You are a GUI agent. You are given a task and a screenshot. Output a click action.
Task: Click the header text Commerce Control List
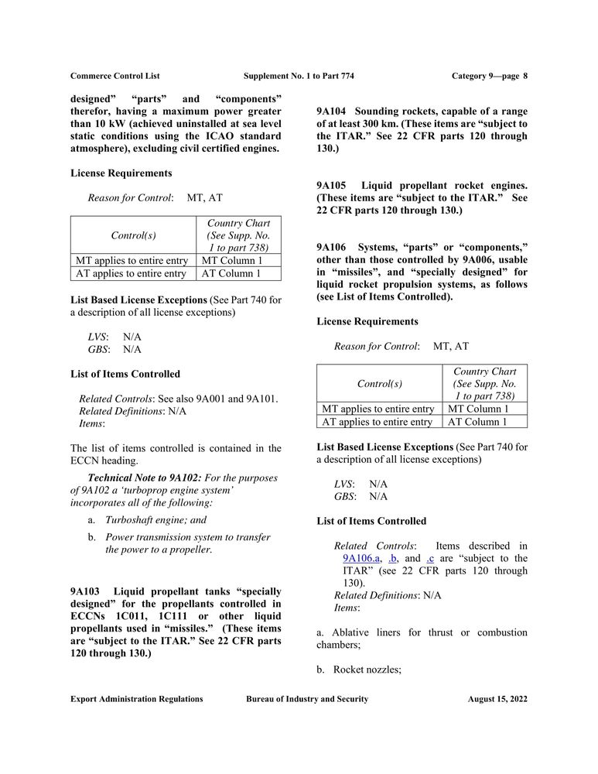coord(114,76)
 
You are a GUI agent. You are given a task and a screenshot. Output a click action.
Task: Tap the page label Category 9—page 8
coord(489,76)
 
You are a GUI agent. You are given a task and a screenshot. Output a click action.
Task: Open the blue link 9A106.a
coord(361,558)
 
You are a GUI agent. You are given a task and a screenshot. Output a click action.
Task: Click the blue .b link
coord(393,558)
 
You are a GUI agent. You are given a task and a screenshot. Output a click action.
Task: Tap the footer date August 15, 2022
coord(497,699)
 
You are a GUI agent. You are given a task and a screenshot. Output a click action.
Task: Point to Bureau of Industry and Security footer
coord(307,699)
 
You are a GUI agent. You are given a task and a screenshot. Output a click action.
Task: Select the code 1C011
coord(122,617)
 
